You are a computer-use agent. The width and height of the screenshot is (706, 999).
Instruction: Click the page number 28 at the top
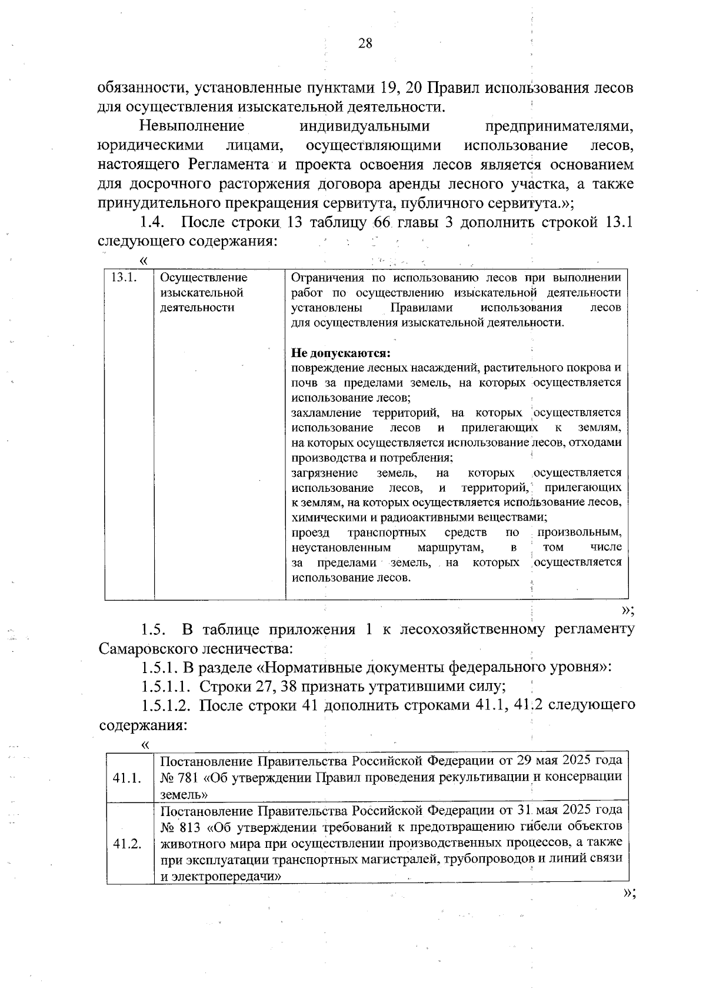(x=365, y=44)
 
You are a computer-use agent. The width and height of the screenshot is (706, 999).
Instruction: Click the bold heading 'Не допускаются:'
(x=341, y=354)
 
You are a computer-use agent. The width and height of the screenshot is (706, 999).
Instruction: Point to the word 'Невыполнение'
(x=192, y=126)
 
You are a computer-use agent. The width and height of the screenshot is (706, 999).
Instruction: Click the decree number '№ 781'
(x=179, y=777)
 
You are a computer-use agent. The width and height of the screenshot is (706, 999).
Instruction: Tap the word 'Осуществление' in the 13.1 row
(x=204, y=278)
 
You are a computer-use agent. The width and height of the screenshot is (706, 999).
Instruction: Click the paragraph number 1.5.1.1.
(x=166, y=686)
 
